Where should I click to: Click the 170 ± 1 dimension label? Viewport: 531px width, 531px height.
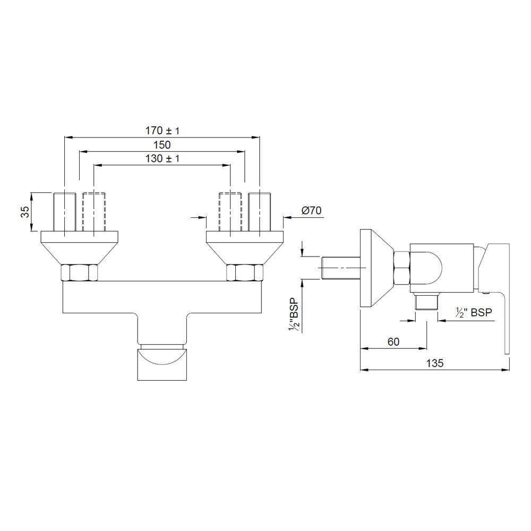pyautogui.click(x=162, y=131)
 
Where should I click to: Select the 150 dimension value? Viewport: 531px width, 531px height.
pyautogui.click(x=162, y=145)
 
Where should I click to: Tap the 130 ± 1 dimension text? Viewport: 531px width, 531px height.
pyautogui.click(x=162, y=158)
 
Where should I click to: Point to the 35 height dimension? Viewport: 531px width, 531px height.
pyautogui.click(x=25, y=212)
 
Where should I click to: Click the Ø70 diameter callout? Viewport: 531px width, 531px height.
pyautogui.click(x=311, y=210)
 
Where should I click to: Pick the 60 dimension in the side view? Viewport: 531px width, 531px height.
pyautogui.click(x=393, y=341)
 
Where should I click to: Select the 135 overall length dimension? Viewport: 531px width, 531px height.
pyautogui.click(x=435, y=363)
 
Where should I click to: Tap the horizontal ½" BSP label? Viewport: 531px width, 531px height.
pyautogui.click(x=474, y=312)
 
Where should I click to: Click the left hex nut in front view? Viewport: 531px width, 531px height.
pyautogui.click(x=79, y=272)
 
